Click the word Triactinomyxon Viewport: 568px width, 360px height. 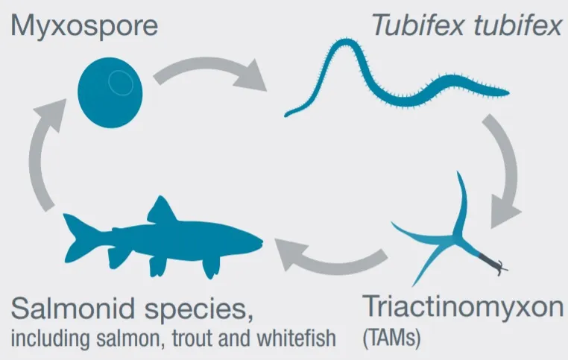coord(463,308)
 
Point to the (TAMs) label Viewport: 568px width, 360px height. coord(391,338)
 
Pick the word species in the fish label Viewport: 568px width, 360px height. coord(198,311)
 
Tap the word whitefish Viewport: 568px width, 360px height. coord(297,338)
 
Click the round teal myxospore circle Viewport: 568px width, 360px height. coord(110,92)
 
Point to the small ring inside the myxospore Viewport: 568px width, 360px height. coord(121,83)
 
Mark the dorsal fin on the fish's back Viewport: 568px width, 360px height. coord(161,210)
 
